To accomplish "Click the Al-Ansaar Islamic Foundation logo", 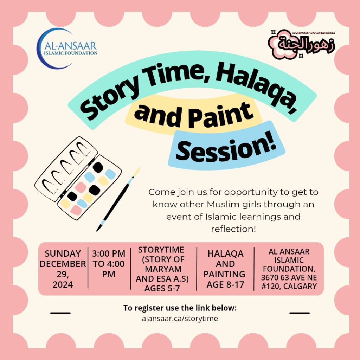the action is point(66,49).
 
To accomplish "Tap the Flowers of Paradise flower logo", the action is point(301,44).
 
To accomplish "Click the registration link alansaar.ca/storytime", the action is point(180,319).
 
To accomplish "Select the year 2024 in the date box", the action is point(63,285).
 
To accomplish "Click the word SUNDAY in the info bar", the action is point(63,254).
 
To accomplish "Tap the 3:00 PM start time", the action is point(109,254).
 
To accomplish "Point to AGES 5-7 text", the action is point(162,288).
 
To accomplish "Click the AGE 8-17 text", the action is point(225,285).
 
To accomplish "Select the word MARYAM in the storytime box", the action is point(163,269).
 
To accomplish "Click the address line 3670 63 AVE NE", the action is point(289,278).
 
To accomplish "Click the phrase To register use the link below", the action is point(180,308).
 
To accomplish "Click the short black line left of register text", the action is point(60,313).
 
